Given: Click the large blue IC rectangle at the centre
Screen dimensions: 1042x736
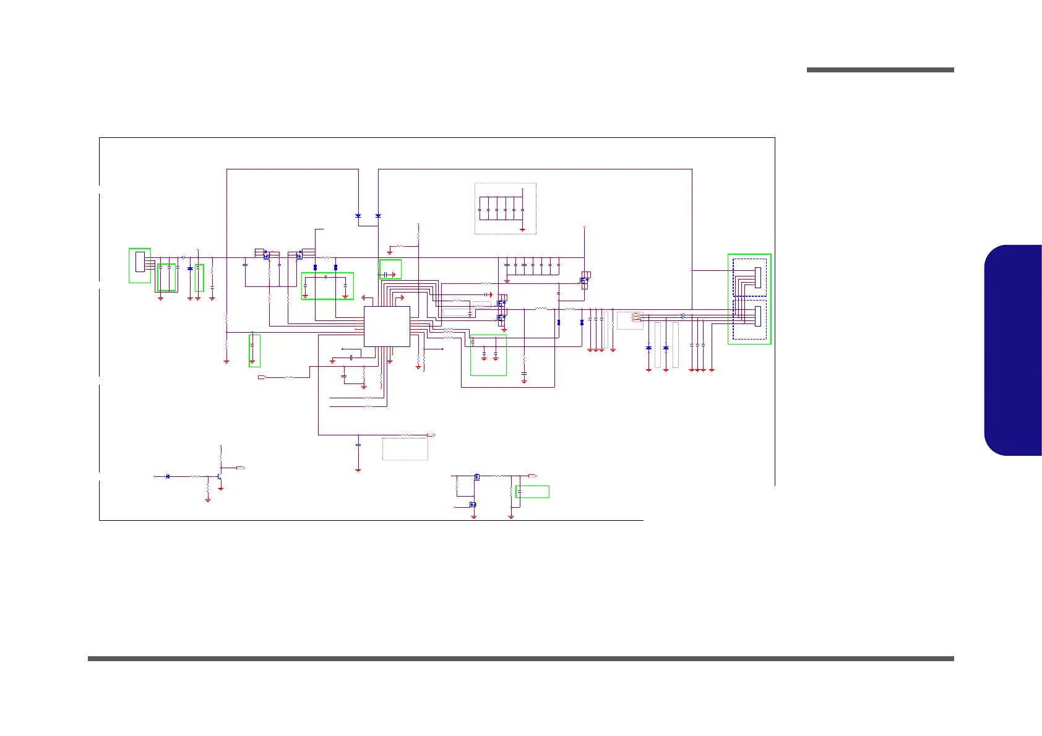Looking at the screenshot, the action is pos(387,326).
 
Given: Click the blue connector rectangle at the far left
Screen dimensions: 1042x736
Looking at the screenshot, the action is pos(140,262).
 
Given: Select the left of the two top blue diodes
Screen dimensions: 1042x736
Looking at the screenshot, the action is pos(358,216).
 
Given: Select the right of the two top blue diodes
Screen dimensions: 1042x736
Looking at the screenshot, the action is pos(378,216).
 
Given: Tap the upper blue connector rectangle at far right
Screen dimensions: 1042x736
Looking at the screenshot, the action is pos(758,277).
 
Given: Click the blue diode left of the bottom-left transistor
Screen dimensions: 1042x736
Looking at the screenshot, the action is pos(168,476).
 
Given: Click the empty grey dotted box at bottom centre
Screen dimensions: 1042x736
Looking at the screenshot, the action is pos(405,449).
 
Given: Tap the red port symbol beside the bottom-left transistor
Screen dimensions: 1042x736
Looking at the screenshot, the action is pos(240,468).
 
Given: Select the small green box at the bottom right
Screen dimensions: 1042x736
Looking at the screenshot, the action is pos(532,492).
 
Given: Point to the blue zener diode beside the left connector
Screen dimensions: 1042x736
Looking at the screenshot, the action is pos(190,268).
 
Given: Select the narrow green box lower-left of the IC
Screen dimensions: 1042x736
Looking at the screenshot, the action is pos(254,351).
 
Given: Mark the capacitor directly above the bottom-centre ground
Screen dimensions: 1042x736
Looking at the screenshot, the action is pos(358,444).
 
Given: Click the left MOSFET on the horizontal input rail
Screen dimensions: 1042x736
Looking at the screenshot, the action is pos(266,254).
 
